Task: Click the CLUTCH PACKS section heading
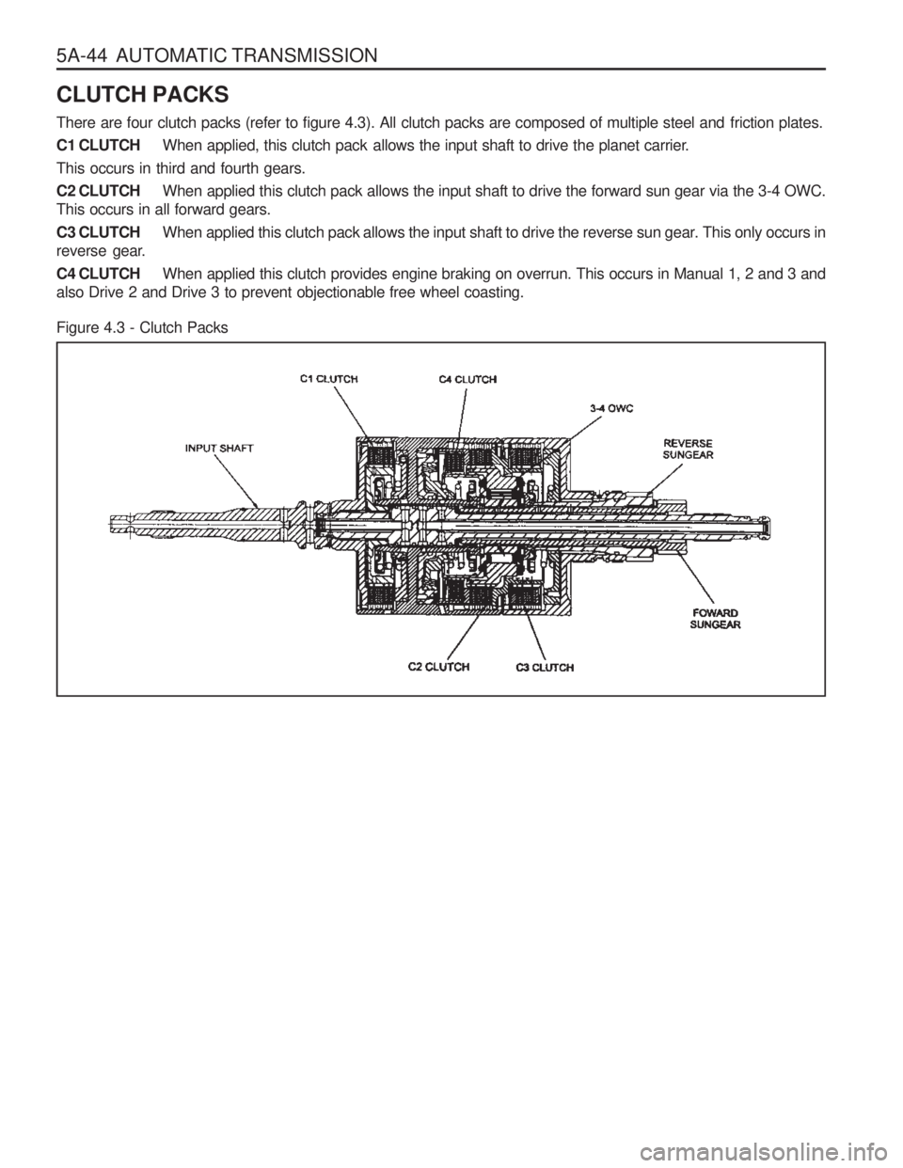click(142, 95)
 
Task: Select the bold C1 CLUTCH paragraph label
click(99, 146)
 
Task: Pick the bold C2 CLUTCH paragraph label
click(99, 191)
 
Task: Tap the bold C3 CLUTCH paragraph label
click(99, 232)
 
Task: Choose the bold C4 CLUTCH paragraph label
click(99, 274)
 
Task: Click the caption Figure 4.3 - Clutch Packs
click(142, 327)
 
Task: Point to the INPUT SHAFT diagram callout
click(219, 448)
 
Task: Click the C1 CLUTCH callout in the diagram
click(329, 379)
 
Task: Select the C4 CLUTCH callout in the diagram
click(467, 379)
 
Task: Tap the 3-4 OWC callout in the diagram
click(611, 408)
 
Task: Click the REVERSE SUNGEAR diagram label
click(688, 450)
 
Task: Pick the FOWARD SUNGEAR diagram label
click(715, 619)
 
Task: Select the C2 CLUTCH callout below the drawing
click(438, 667)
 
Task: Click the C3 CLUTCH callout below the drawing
click(545, 668)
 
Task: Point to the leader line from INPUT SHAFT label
click(236, 480)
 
